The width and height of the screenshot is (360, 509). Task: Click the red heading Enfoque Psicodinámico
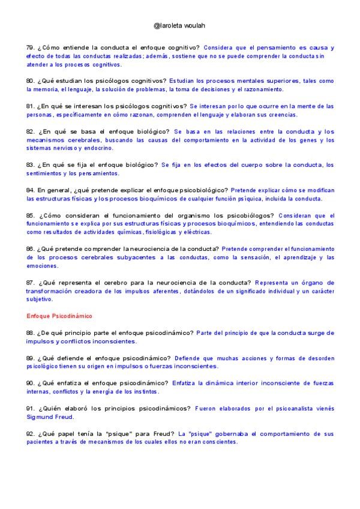(59, 315)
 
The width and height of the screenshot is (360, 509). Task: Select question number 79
(31, 47)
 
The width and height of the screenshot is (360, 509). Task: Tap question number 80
(31, 81)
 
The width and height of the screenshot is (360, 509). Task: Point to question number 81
(31, 106)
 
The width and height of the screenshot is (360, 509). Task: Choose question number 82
(31, 131)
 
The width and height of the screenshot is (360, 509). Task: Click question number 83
(31, 164)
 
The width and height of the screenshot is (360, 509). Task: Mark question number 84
(31, 190)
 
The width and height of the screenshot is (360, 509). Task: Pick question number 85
(31, 215)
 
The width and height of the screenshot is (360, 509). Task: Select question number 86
(31, 248)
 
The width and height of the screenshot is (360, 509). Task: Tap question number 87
(31, 282)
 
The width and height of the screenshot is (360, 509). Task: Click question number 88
(31, 333)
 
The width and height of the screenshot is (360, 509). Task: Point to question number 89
(31, 358)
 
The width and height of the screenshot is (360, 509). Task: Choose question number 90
(31, 383)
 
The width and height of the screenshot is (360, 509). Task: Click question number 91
(31, 408)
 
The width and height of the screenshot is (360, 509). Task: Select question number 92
(31, 433)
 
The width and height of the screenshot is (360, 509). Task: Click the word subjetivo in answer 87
(40, 299)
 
